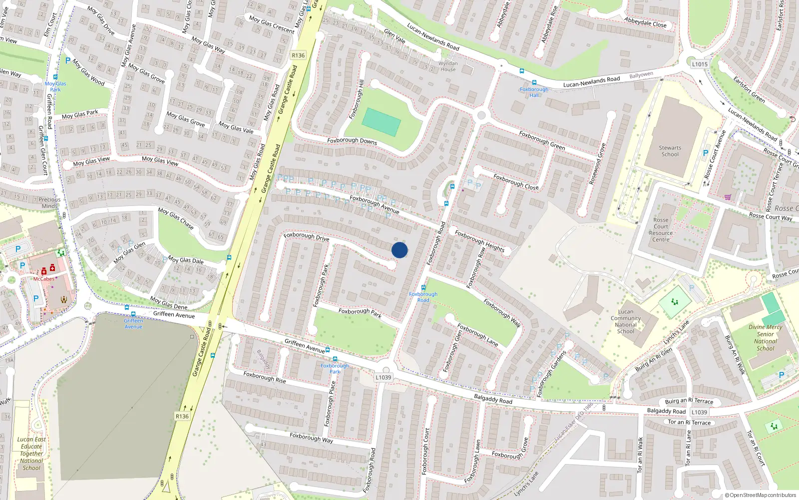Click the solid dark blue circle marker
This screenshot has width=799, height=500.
pyautogui.click(x=399, y=250)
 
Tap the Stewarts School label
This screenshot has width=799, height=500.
pyautogui.click(x=670, y=151)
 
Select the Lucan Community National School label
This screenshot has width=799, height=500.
pyautogui.click(x=625, y=321)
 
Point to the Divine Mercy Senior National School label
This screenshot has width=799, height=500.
pyautogui.click(x=766, y=337)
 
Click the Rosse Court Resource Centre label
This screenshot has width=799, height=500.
pyautogui.click(x=661, y=229)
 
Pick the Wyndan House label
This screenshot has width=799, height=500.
pyautogui.click(x=448, y=66)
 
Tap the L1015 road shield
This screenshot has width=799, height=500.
pyautogui.click(x=700, y=64)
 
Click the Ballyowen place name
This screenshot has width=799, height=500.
pyautogui.click(x=641, y=75)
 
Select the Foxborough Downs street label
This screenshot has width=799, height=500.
pyautogui.click(x=352, y=141)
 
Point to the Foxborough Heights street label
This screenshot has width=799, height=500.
pyautogui.click(x=479, y=241)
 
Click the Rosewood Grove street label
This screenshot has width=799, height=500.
pyautogui.click(x=597, y=164)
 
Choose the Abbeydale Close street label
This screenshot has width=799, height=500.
pyautogui.click(x=645, y=22)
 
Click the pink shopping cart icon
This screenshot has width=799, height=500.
pyautogui.click(x=728, y=197)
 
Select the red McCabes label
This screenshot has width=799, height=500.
pyautogui.click(x=43, y=279)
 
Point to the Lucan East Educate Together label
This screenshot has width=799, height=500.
pyautogui.click(x=31, y=453)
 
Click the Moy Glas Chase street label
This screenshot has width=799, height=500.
pyautogui.click(x=176, y=218)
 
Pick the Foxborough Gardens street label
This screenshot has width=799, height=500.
pyautogui.click(x=551, y=373)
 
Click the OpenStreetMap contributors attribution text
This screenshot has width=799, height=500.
pyautogui.click(x=761, y=495)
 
